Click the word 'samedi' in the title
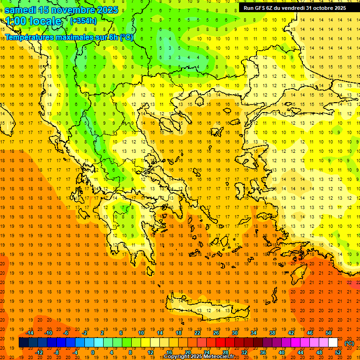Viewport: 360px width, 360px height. pyautogui.click(x=21, y=10)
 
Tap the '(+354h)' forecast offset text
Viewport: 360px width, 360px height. pyautogui.click(x=83, y=21)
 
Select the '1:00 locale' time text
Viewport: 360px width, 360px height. pyautogui.click(x=33, y=21)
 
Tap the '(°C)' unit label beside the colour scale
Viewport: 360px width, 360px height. pyautogui.click(x=349, y=343)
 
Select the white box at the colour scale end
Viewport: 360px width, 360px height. pyautogui.click(x=333, y=343)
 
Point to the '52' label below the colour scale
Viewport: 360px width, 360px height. pyautogui.click(x=338, y=352)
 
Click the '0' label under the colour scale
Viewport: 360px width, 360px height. pyautogui.click(x=93, y=352)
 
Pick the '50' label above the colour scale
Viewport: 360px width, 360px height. pyautogui.click(x=328, y=333)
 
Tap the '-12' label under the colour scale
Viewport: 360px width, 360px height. pyautogui.click(x=39, y=352)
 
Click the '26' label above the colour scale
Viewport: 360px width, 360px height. pyautogui.click(x=216, y=333)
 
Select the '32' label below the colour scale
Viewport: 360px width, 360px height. pyautogui.click(x=244, y=352)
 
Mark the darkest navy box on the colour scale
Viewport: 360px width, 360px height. pyautogui.click(x=23, y=343)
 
